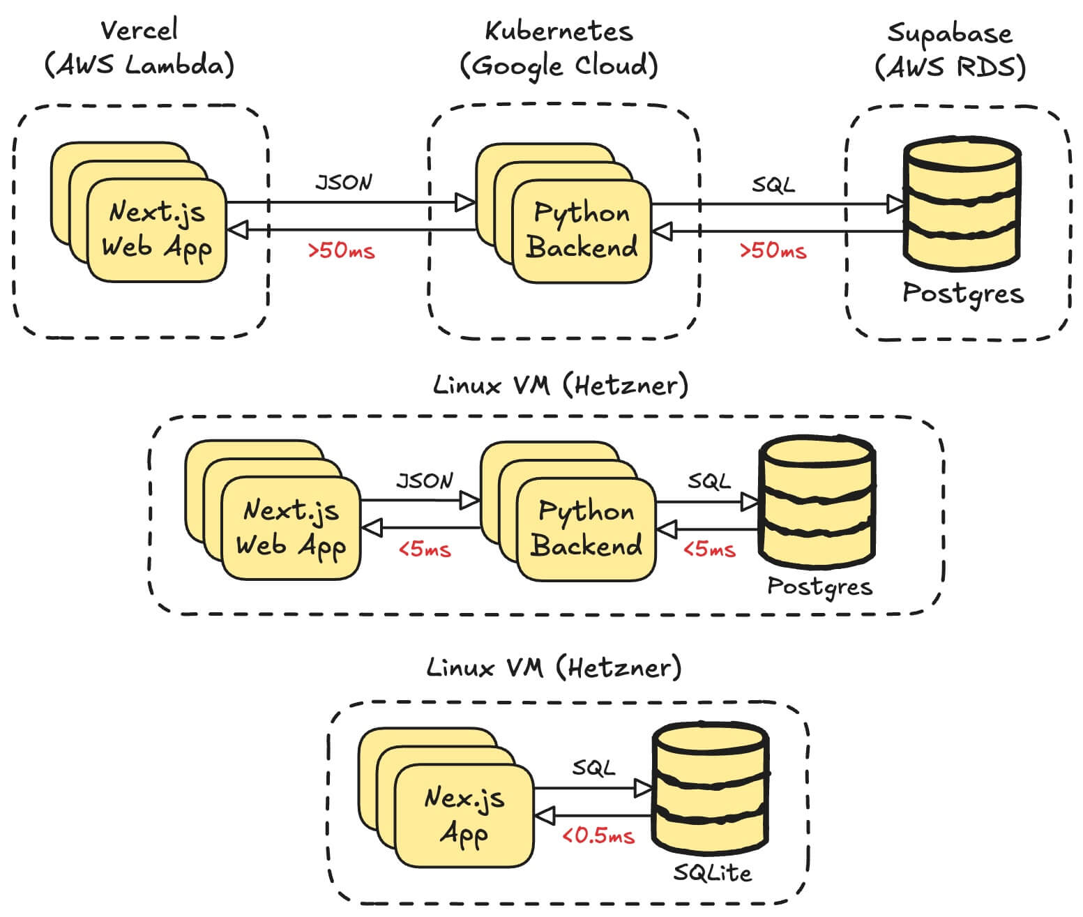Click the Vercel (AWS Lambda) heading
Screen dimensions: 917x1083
139,47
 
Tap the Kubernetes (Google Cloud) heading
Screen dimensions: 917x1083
559,49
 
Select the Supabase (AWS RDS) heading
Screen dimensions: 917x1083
950,50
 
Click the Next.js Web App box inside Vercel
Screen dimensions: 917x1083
156,230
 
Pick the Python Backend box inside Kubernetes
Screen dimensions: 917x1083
581,232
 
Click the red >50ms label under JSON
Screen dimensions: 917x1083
341,251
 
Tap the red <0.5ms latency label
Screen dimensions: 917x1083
598,835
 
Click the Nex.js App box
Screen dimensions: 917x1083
464,814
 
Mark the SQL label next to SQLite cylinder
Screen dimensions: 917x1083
593,768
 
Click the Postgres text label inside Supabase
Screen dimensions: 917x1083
963,294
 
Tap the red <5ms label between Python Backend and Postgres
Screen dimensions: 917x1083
709,550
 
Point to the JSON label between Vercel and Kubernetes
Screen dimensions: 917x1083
344,183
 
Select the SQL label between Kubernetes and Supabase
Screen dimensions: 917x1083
773,185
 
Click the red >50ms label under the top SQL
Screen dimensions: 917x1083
773,251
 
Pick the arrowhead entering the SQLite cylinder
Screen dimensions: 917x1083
643,789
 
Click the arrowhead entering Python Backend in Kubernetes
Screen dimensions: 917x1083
465,203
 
